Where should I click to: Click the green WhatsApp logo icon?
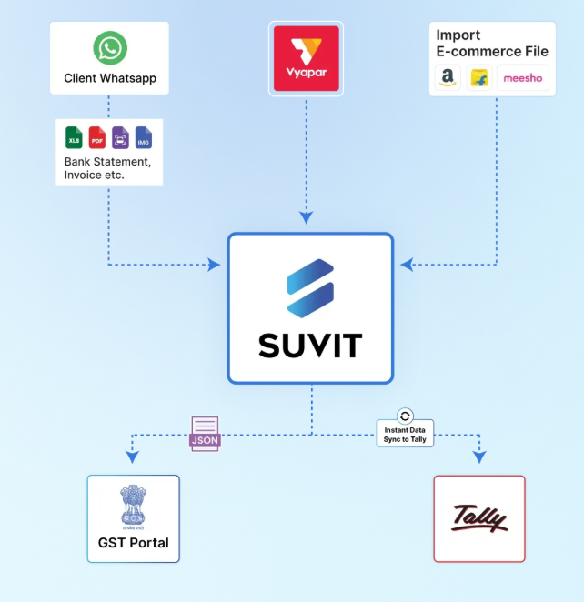pos(109,49)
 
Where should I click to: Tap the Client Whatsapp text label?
pos(109,78)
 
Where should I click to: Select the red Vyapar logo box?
pos(306,58)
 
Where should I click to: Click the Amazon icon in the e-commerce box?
pos(447,79)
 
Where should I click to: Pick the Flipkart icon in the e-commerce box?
pos(478,79)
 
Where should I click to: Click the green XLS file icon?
pos(74,137)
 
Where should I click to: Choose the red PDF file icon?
pos(97,137)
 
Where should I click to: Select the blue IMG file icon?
pos(143,137)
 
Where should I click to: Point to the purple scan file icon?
pos(120,137)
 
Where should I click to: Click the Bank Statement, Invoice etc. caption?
pos(107,167)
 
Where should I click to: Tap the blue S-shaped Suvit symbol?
pos(310,286)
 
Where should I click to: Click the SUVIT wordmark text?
pos(310,345)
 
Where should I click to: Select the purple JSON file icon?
pos(205,432)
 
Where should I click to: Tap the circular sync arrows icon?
pos(406,415)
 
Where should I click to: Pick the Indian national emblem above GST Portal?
pos(133,508)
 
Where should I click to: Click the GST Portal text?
pos(133,543)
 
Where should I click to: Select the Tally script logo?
pos(479,519)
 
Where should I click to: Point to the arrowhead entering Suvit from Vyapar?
pos(307,218)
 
